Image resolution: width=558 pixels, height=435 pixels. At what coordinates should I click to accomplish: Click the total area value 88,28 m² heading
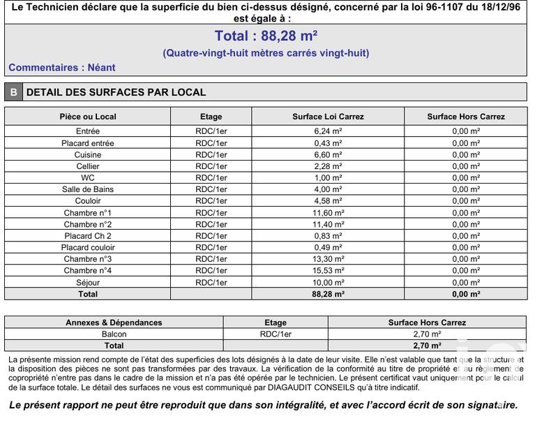point(266,36)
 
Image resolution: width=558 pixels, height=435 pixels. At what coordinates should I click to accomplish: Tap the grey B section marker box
point(13,92)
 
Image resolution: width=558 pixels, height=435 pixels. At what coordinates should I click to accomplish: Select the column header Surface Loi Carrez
point(328,117)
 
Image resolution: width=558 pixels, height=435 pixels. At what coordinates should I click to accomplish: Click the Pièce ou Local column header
point(88,117)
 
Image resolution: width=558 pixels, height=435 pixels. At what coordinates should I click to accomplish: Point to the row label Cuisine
point(88,155)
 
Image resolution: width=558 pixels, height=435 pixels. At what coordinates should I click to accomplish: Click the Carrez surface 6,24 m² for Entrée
point(328,131)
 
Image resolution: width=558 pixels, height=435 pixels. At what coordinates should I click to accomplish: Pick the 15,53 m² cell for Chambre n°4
point(328,270)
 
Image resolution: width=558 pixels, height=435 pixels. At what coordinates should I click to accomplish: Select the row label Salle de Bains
point(88,189)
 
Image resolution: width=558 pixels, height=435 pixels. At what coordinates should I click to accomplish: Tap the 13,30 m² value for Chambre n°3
point(328,259)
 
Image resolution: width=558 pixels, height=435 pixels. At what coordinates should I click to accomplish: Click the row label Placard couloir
point(88,247)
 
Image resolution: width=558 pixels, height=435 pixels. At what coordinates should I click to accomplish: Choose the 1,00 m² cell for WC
point(328,178)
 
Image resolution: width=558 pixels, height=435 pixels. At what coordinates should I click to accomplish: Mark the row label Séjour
point(88,283)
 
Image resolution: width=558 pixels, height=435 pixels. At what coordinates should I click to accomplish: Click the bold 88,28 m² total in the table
point(328,294)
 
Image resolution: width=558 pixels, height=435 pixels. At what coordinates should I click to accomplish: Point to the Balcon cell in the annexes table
point(114,334)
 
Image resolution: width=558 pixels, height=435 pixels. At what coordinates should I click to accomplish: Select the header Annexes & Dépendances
point(114,323)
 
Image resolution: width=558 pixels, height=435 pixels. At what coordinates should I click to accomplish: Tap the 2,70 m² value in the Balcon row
point(427,334)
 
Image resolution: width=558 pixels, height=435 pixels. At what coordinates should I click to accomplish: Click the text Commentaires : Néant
point(62,68)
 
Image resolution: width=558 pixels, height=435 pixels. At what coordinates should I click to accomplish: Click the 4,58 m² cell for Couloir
point(328,201)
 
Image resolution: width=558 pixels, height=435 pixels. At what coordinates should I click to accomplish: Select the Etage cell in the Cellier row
point(211,166)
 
